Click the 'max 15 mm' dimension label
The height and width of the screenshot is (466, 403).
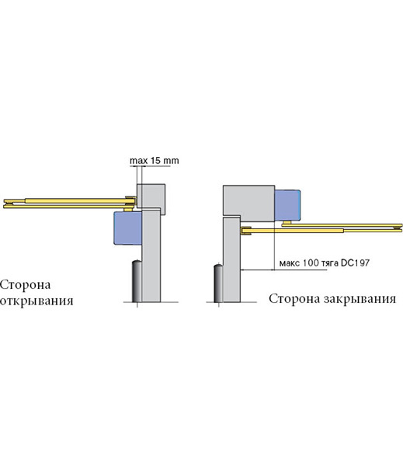point(155,161)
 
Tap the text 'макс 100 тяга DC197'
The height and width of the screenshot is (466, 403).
point(325,263)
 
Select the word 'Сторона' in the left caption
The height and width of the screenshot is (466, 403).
point(26,285)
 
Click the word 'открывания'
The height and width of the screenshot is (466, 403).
point(36,301)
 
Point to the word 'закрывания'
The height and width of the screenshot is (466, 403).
point(360,299)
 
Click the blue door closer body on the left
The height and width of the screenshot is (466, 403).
point(128,228)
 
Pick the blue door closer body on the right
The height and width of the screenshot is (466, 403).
point(287,205)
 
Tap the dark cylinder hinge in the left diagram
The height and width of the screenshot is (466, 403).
point(137,281)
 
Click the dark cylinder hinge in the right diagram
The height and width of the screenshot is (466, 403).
point(219,283)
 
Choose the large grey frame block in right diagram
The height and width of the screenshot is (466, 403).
point(248,203)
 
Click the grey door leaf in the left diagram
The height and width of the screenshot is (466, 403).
point(151,256)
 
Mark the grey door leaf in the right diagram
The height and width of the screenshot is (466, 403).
point(231,260)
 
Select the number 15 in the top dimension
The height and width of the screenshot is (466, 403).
point(155,161)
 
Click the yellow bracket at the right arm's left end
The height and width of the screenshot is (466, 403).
point(246,231)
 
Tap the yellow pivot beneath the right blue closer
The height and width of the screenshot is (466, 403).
point(287,223)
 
